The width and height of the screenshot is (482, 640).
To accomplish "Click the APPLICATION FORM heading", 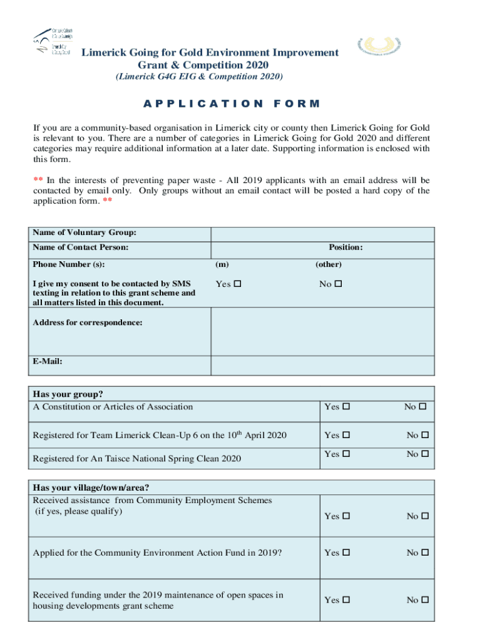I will [232, 104].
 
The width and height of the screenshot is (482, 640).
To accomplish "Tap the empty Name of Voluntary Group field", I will [322, 234].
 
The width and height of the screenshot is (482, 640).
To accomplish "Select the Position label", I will [346, 247].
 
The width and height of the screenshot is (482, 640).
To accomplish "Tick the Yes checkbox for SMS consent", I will [237, 284].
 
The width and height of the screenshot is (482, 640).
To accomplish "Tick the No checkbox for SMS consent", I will [339, 284].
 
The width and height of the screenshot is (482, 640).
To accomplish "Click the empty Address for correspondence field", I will [322, 331].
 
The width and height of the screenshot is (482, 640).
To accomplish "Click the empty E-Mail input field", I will [322, 365].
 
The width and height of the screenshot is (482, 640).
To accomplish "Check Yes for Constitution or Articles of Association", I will [346, 407].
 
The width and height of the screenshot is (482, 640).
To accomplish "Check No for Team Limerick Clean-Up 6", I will [423, 435].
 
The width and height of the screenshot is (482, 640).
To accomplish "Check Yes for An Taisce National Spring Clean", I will [346, 454].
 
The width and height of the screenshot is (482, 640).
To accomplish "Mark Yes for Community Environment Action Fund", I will [346, 552].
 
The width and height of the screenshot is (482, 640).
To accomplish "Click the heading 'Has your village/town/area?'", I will [91, 487].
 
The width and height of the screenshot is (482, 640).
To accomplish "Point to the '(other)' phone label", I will [328, 264].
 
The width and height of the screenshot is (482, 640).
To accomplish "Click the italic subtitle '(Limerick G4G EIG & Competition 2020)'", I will [198, 77].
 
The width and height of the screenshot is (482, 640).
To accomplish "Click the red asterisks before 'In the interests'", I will [38, 180].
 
